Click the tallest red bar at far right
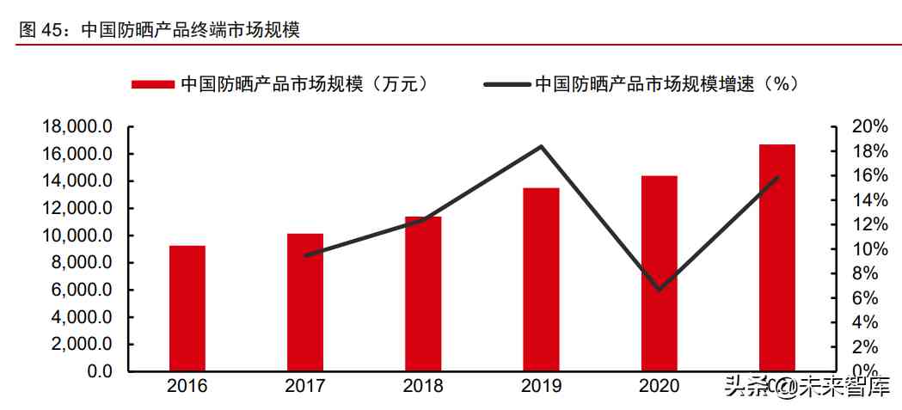coord(777,257)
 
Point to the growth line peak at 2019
coord(541,146)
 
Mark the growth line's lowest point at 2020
coord(660,290)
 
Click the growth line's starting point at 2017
coord(305,255)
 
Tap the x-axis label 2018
coord(423,387)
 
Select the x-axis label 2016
coord(187,387)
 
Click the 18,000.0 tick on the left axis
coord(77,127)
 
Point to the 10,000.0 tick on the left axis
coord(77,236)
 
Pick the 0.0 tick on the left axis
coord(96,371)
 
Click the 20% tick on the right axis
coord(868,126)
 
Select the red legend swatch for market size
coord(153,84)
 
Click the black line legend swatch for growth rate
coord(506,84)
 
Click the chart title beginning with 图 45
coord(159,30)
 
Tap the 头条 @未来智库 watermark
coord(807,387)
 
